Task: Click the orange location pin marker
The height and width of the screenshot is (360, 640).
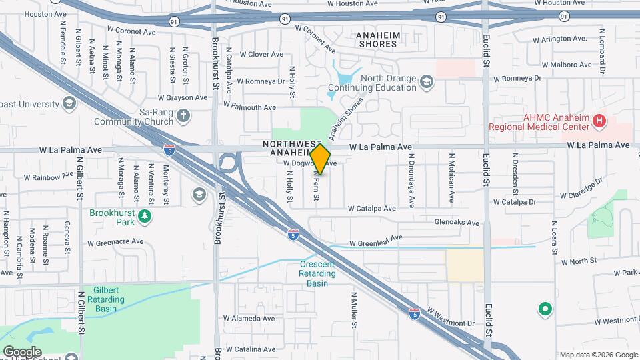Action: click(x=320, y=159)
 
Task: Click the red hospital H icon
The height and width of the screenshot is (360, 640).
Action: click(x=599, y=121)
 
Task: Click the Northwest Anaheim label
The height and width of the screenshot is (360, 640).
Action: click(x=292, y=148)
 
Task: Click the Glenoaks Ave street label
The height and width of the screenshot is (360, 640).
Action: click(x=457, y=223)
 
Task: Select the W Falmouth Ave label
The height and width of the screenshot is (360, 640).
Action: click(x=249, y=106)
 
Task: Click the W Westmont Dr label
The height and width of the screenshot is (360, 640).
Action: click(x=451, y=317)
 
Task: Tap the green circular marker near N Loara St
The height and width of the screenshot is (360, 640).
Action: click(x=545, y=309)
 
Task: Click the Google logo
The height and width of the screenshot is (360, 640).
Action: click(x=22, y=352)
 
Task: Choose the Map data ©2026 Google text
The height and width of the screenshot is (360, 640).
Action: click(x=597, y=355)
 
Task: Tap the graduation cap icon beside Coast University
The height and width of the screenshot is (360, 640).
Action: click(x=69, y=103)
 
